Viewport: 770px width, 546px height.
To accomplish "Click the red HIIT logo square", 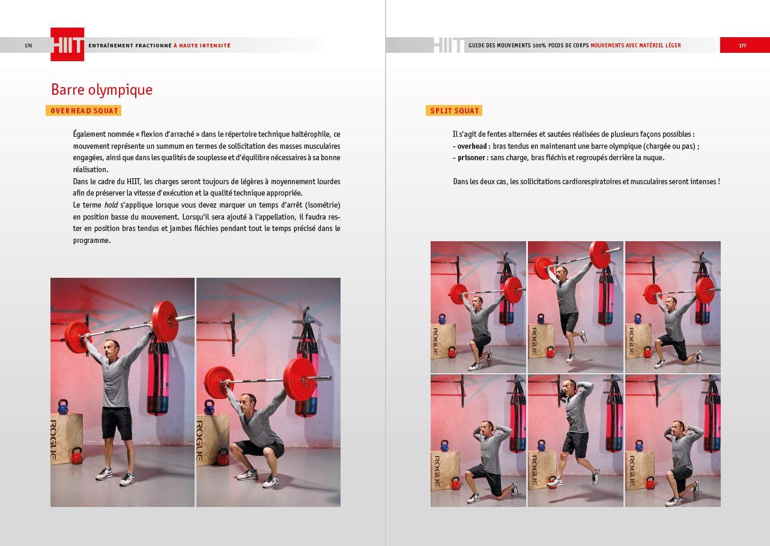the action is (x=67, y=44).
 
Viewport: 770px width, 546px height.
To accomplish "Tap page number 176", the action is (x=28, y=46).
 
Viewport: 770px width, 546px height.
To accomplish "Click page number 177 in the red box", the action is (x=742, y=46).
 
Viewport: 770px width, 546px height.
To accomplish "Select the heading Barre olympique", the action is (x=102, y=90).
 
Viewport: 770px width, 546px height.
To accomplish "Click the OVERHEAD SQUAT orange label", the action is (x=83, y=110).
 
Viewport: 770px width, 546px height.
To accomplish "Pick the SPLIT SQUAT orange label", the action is (x=454, y=110).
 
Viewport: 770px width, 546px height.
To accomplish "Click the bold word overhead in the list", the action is (x=471, y=146).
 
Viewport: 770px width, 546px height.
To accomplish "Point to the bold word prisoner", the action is (x=471, y=158).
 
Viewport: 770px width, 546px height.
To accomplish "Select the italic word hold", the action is (x=111, y=205).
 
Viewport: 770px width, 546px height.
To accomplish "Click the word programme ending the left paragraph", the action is (x=91, y=241).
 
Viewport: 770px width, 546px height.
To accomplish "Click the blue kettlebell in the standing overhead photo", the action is (x=63, y=407).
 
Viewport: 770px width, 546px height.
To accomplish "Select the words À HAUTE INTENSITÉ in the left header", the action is (x=202, y=46).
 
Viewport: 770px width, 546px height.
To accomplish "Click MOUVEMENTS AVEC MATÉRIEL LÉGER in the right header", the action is (x=635, y=46).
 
